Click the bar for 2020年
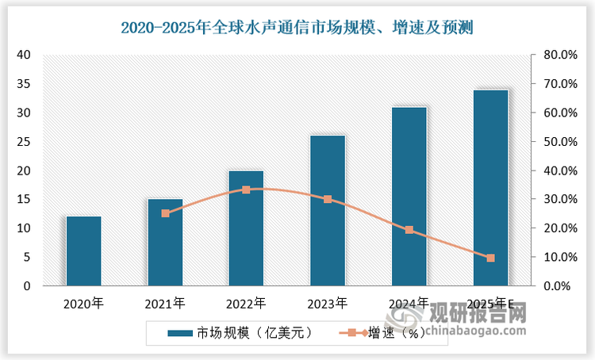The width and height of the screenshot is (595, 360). point(83,251)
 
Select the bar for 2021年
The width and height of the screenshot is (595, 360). point(165,242)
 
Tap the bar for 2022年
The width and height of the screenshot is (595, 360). point(246,228)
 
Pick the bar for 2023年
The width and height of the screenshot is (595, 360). point(328,211)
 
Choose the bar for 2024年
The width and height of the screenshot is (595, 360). point(409,196)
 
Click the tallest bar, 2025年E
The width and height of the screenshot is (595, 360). point(490,188)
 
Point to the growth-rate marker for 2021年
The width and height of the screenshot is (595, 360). point(165,213)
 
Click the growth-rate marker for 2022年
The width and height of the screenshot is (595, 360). point(246,190)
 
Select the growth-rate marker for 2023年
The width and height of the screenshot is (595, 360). point(328,199)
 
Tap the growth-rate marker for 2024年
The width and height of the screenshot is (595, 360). point(409,230)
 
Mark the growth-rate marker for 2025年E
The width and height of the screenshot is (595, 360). point(490,258)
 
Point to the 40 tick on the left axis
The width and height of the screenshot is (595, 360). point(24,55)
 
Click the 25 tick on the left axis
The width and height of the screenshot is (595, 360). point(24,142)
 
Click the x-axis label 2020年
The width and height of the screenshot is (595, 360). point(83,303)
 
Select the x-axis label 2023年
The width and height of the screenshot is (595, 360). point(328,303)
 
